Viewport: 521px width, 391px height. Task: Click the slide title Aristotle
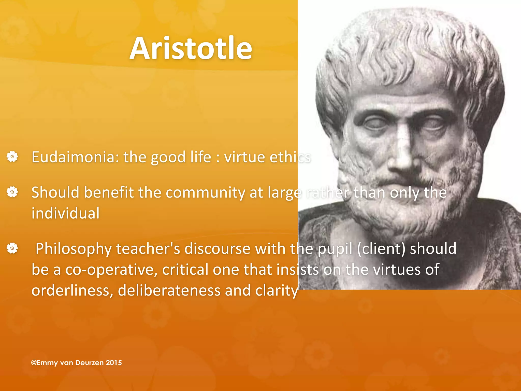[x=191, y=48]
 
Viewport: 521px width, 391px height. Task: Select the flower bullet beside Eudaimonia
[x=12, y=157]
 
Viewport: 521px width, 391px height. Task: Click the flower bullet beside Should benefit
[x=12, y=192]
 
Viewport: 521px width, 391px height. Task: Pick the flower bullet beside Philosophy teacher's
[x=12, y=248]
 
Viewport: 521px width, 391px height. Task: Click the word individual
[x=65, y=213]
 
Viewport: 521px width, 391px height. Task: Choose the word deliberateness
[x=169, y=290]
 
